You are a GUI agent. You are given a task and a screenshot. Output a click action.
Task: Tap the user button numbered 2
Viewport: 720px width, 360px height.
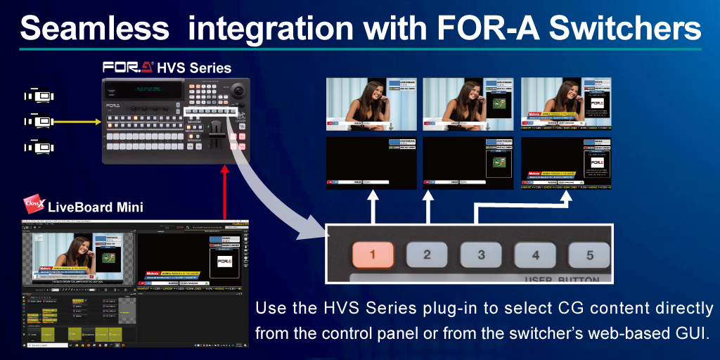(426, 254)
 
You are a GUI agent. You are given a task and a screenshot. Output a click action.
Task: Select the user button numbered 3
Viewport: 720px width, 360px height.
(481, 254)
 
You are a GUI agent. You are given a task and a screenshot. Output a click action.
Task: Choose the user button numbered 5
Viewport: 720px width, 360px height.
(589, 254)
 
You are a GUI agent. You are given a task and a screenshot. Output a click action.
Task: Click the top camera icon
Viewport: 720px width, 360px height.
(39, 96)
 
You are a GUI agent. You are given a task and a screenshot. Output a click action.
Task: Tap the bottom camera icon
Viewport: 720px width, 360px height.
(39, 147)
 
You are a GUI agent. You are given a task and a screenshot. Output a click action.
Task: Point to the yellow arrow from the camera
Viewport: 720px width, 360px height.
(78, 122)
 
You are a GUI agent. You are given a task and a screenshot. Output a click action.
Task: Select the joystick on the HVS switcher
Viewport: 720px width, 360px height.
(238, 91)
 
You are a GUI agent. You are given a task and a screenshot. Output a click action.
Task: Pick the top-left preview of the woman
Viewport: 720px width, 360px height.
(371, 103)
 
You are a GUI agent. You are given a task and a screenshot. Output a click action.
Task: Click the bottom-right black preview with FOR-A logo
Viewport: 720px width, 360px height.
(566, 162)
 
